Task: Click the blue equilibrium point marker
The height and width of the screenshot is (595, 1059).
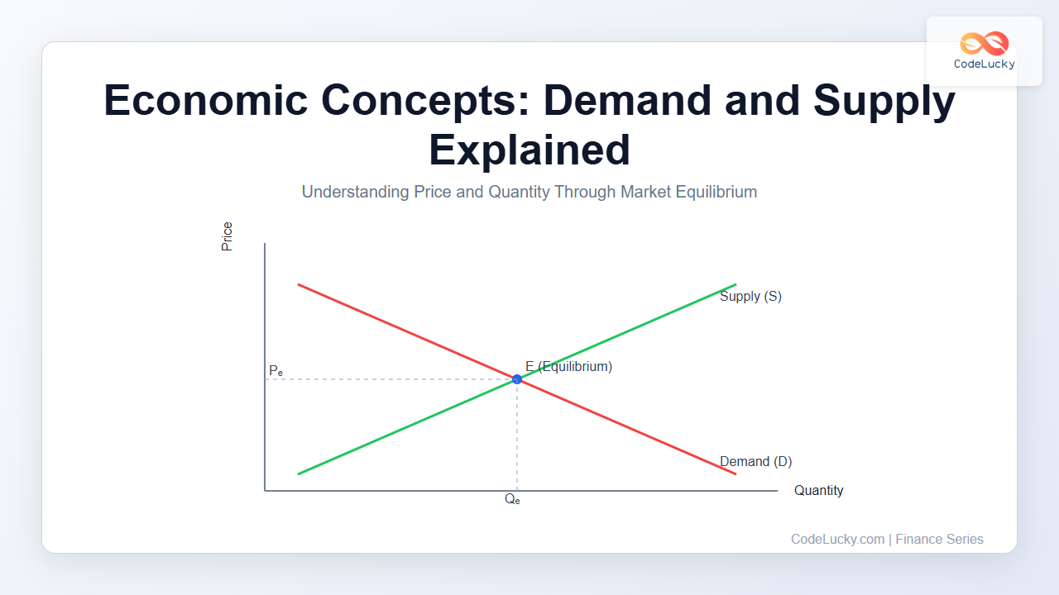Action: [x=517, y=379]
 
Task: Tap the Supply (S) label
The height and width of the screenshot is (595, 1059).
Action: [x=750, y=297]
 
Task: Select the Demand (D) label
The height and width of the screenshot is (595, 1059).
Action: [x=756, y=461]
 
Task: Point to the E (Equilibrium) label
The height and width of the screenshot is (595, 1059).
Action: [x=568, y=366]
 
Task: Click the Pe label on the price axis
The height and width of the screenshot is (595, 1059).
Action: [x=276, y=371]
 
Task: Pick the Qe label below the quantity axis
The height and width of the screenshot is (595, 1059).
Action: [x=512, y=499]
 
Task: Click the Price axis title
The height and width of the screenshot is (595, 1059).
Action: [x=227, y=236]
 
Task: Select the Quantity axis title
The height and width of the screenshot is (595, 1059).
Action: [x=819, y=491]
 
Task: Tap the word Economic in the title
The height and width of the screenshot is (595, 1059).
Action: [x=206, y=100]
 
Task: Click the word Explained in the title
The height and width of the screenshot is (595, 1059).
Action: [x=529, y=150]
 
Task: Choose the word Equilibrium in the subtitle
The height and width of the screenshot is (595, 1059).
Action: [x=716, y=193]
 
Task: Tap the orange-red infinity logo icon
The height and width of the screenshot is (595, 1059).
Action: [x=985, y=43]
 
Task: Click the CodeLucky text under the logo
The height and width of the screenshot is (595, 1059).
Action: [x=985, y=64]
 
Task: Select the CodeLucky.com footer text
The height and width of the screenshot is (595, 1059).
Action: [x=838, y=540]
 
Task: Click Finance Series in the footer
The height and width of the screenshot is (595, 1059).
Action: [x=939, y=540]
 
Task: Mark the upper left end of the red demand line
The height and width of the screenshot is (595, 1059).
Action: [x=299, y=284]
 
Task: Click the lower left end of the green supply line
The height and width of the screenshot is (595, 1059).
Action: [x=299, y=474]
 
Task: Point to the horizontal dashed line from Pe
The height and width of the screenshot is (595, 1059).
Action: [x=391, y=379]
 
